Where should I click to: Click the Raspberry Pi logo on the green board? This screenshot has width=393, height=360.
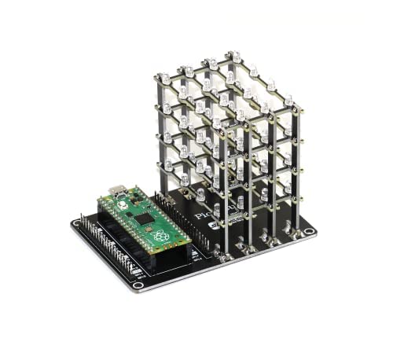pyautogui.click(x=160, y=235)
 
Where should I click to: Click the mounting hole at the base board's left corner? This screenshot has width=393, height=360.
pyautogui.click(x=77, y=223)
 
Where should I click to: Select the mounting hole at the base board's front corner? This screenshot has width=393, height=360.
pyautogui.click(x=138, y=285)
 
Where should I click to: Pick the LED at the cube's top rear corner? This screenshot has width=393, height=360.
pyautogui.click(x=233, y=57)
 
